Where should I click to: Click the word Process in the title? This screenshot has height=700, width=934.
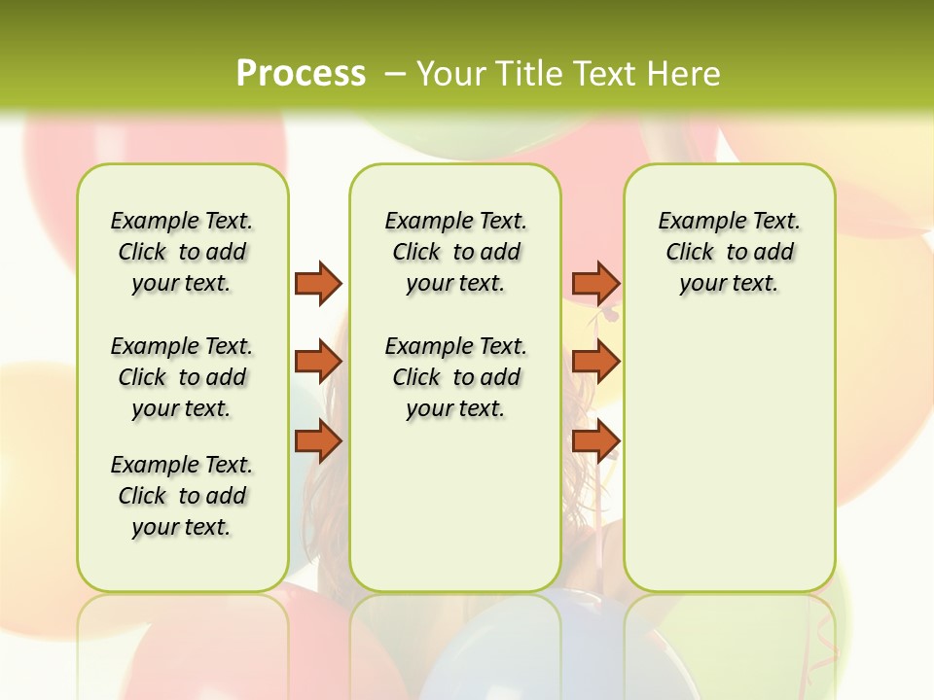[x=301, y=73]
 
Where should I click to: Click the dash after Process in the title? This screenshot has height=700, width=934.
[x=395, y=74]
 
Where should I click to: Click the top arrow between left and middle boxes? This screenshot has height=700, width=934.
[x=318, y=283]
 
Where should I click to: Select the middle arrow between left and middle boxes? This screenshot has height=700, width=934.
[x=318, y=362]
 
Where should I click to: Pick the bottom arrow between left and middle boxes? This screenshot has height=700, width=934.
[x=318, y=441]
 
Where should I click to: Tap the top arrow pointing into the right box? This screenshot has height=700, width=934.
[x=595, y=283]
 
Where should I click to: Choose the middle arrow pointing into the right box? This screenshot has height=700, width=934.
[x=595, y=362]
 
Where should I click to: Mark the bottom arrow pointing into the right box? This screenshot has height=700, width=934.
[x=595, y=441]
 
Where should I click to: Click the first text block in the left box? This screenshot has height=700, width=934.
[x=182, y=252]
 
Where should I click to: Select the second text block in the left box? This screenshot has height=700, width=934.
[x=182, y=377]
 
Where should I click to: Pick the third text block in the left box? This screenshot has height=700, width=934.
[x=182, y=496]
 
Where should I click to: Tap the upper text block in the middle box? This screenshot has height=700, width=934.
[x=455, y=252]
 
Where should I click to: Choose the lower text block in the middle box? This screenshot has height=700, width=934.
[x=455, y=377]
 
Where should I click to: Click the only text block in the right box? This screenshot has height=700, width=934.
[x=730, y=252]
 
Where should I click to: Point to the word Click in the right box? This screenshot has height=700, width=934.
[x=690, y=253]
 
